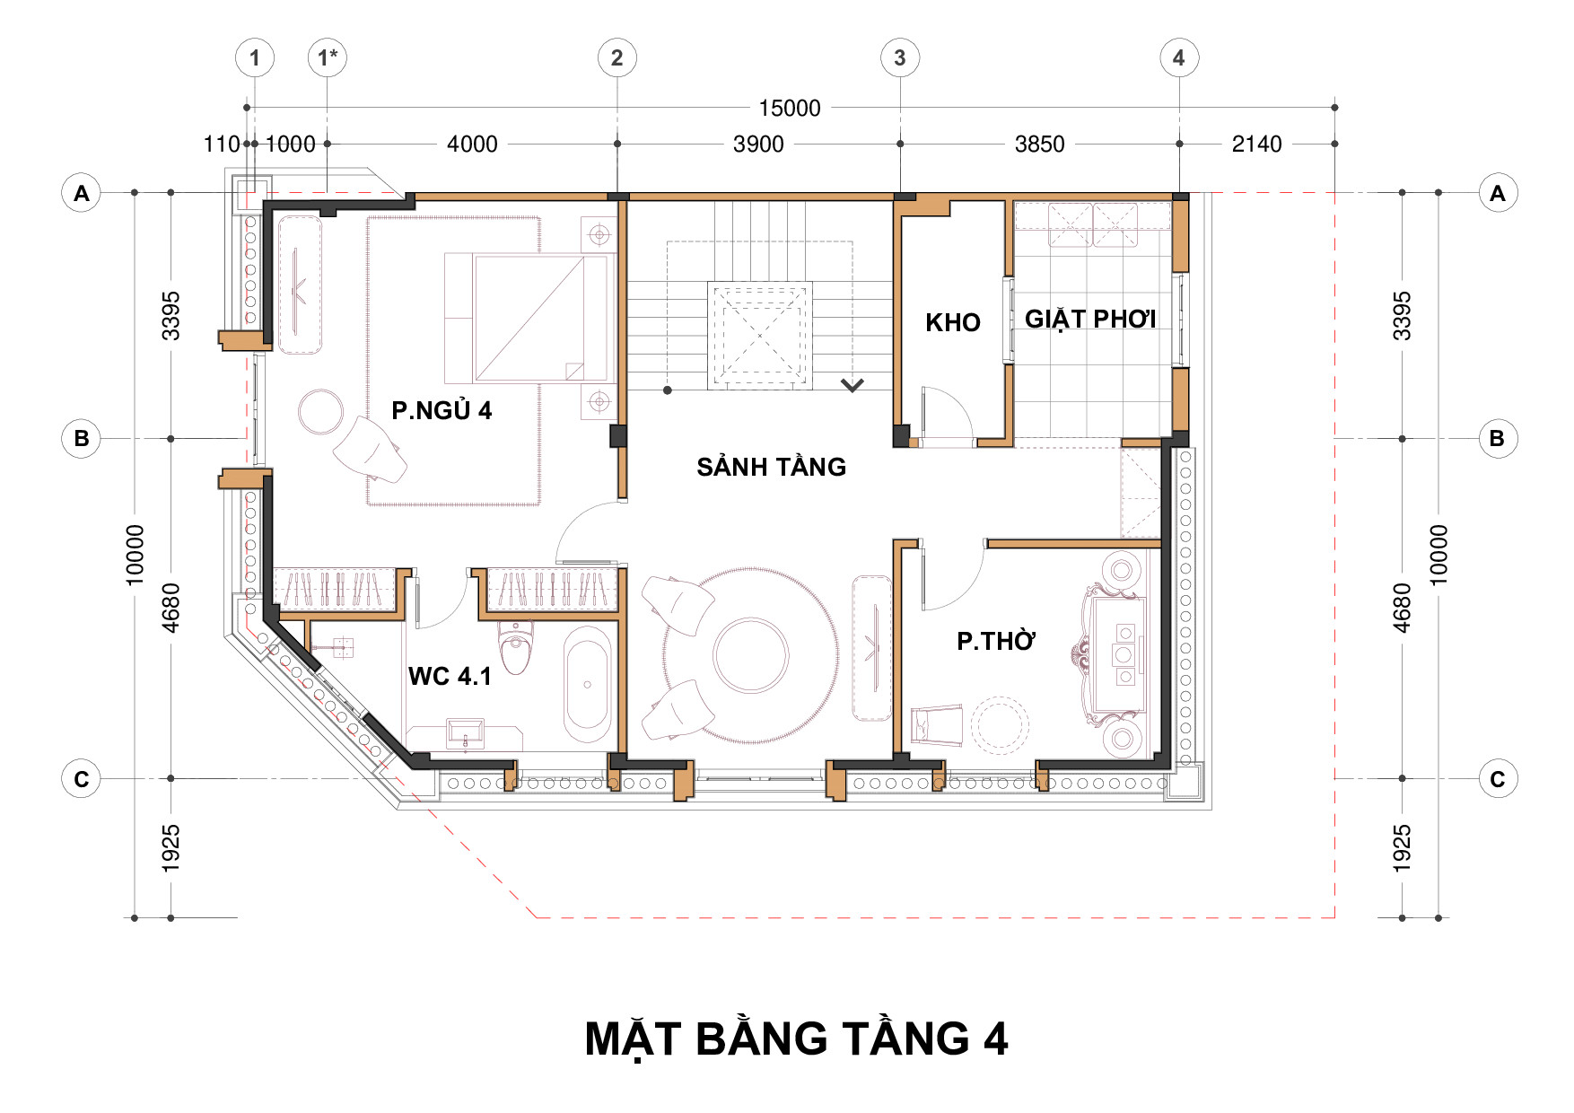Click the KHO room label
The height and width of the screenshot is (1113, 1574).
coord(953,322)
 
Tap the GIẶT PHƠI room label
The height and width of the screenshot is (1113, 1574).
coord(1090,320)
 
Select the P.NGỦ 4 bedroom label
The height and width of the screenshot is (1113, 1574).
coord(442,410)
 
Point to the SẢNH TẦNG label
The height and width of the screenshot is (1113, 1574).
coord(772,466)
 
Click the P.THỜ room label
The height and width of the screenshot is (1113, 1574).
coord(996,641)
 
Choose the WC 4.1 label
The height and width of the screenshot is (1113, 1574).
coord(450,676)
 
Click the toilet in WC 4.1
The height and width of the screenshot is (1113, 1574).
coord(515,646)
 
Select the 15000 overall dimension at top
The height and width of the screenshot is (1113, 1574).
coord(790,109)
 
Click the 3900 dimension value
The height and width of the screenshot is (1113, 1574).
coord(758,145)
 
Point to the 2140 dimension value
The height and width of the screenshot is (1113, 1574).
coord(1256,145)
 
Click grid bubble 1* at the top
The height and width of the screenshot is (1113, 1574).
coord(327,57)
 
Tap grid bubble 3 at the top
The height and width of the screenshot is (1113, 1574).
coord(900,57)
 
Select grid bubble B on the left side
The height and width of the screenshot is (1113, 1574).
coord(81,439)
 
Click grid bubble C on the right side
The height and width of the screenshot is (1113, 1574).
coord(1498,778)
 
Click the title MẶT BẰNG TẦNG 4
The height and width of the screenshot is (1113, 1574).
coord(796,1039)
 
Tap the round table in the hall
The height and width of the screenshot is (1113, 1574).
coord(751,654)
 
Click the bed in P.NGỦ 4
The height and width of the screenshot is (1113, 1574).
coord(530,318)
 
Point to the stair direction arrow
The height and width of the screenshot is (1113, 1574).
coord(853,385)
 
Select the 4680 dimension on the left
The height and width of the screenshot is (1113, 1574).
coord(171,608)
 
